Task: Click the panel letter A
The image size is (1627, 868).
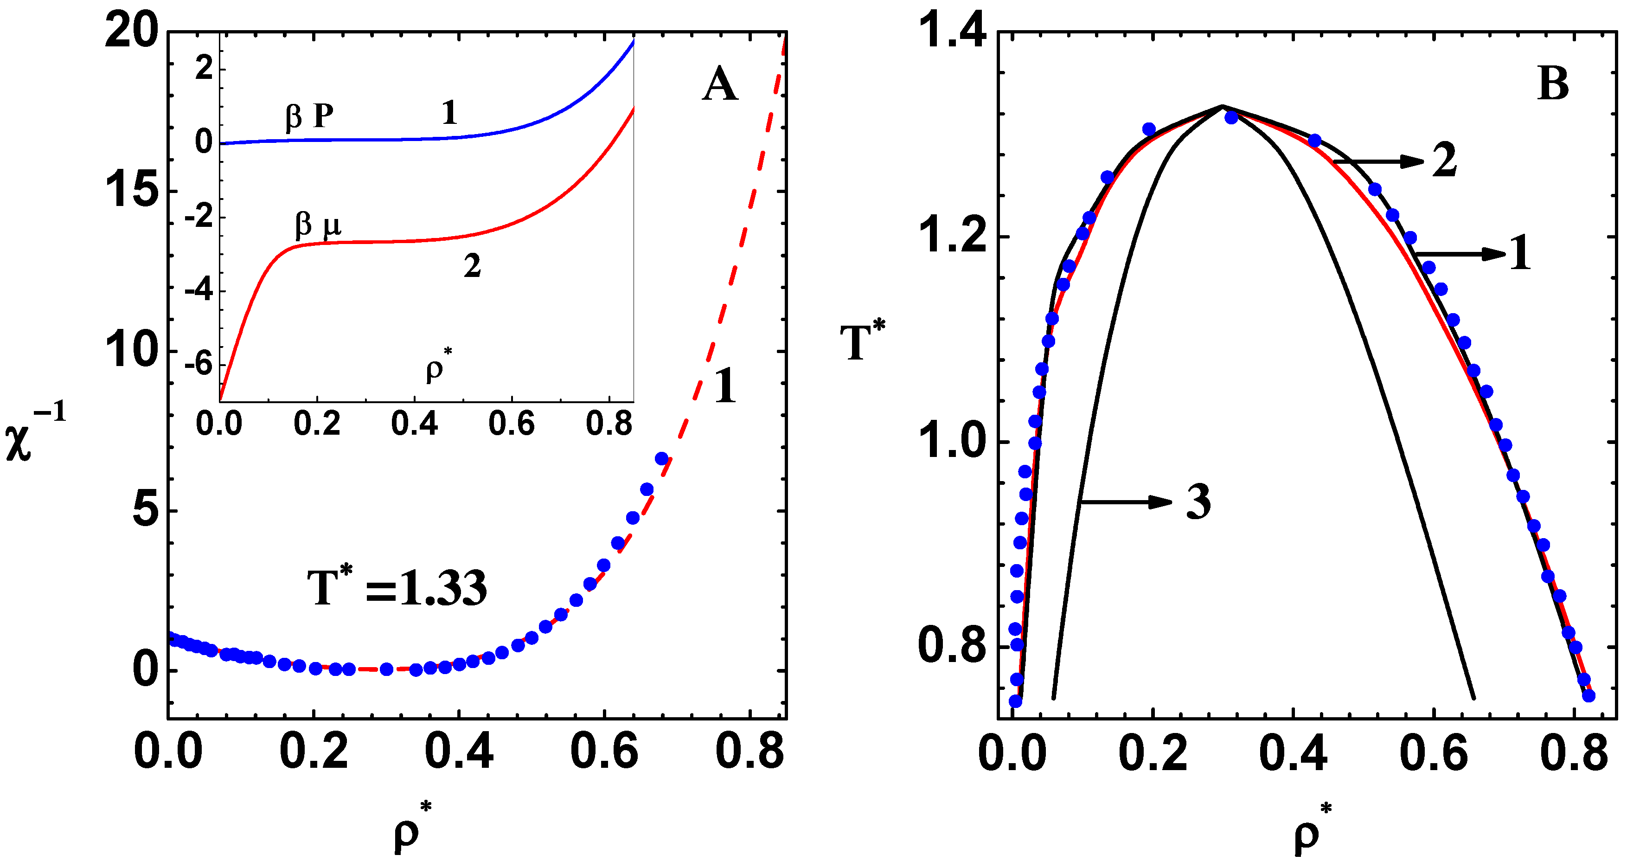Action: click(x=719, y=85)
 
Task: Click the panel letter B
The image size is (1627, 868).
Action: click(x=1553, y=84)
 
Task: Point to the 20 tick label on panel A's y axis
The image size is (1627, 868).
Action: click(x=131, y=32)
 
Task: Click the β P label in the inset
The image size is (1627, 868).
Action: click(x=309, y=117)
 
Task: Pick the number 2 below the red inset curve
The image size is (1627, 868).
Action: click(x=472, y=267)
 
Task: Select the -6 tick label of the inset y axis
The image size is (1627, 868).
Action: click(x=199, y=365)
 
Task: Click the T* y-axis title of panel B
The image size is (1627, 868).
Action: click(x=862, y=341)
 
